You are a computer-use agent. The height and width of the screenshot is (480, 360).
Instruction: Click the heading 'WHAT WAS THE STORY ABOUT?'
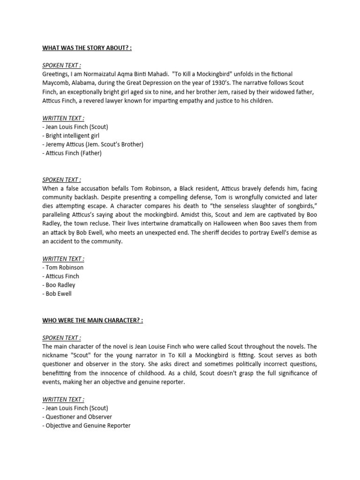87,48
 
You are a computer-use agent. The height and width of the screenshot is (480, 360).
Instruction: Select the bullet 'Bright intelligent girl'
71,135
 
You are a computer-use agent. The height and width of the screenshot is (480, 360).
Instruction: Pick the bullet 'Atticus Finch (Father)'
72,153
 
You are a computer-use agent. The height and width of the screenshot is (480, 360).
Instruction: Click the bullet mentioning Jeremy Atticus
93,144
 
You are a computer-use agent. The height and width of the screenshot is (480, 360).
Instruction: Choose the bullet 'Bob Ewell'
57,293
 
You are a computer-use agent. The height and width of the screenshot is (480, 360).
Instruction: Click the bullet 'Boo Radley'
59,285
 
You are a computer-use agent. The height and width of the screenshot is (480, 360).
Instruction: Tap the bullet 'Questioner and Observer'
77,417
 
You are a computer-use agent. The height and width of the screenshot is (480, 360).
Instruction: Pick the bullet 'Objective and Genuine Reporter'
87,426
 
